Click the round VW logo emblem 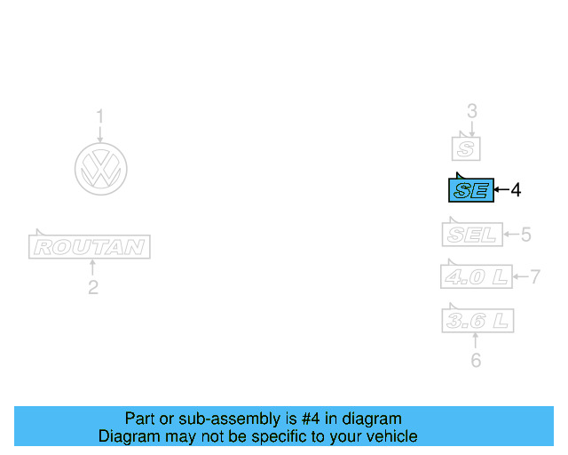pyautogui.click(x=100, y=168)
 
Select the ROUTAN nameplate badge pyautogui.click(x=90, y=247)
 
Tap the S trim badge pyautogui.click(x=467, y=148)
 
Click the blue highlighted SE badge pyautogui.click(x=470, y=189)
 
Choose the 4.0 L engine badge pyautogui.click(x=477, y=276)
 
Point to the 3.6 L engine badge pyautogui.click(x=477, y=320)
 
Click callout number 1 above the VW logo pyautogui.click(x=100, y=116)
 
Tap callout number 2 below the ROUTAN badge pyautogui.click(x=92, y=287)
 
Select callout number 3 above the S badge pyautogui.click(x=472, y=111)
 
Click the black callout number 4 pyautogui.click(x=516, y=189)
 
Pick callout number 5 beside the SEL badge pyautogui.click(x=525, y=235)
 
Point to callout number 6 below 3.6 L pyautogui.click(x=476, y=361)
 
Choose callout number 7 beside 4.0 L pyautogui.click(x=535, y=276)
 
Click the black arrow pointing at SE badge pyautogui.click(x=501, y=189)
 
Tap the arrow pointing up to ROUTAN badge pyautogui.click(x=92, y=267)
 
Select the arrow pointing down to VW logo pyautogui.click(x=100, y=133)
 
